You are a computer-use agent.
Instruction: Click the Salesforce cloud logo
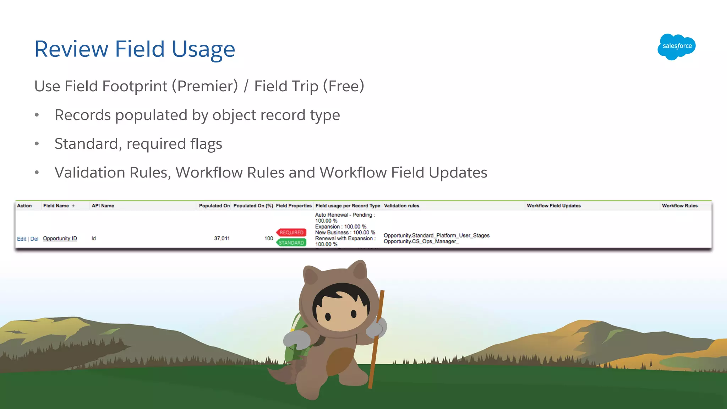coord(676,47)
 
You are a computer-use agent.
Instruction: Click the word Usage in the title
coord(203,49)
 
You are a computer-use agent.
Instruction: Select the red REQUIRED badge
coord(291,233)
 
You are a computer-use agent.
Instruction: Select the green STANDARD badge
coord(291,243)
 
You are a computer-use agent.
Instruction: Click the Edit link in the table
coord(21,239)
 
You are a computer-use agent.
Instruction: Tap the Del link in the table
coord(34,239)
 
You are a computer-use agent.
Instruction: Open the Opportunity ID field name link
coord(60,239)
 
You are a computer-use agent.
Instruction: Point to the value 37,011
coord(222,239)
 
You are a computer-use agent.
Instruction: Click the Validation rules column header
coord(401,206)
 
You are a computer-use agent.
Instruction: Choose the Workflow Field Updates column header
coord(554,206)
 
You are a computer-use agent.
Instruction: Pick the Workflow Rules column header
coord(679,206)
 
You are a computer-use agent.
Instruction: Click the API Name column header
coord(103,206)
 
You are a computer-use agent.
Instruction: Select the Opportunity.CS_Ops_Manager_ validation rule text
coord(421,242)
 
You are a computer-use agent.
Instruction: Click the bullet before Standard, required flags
coord(37,144)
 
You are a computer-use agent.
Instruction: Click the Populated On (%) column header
coord(253,206)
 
